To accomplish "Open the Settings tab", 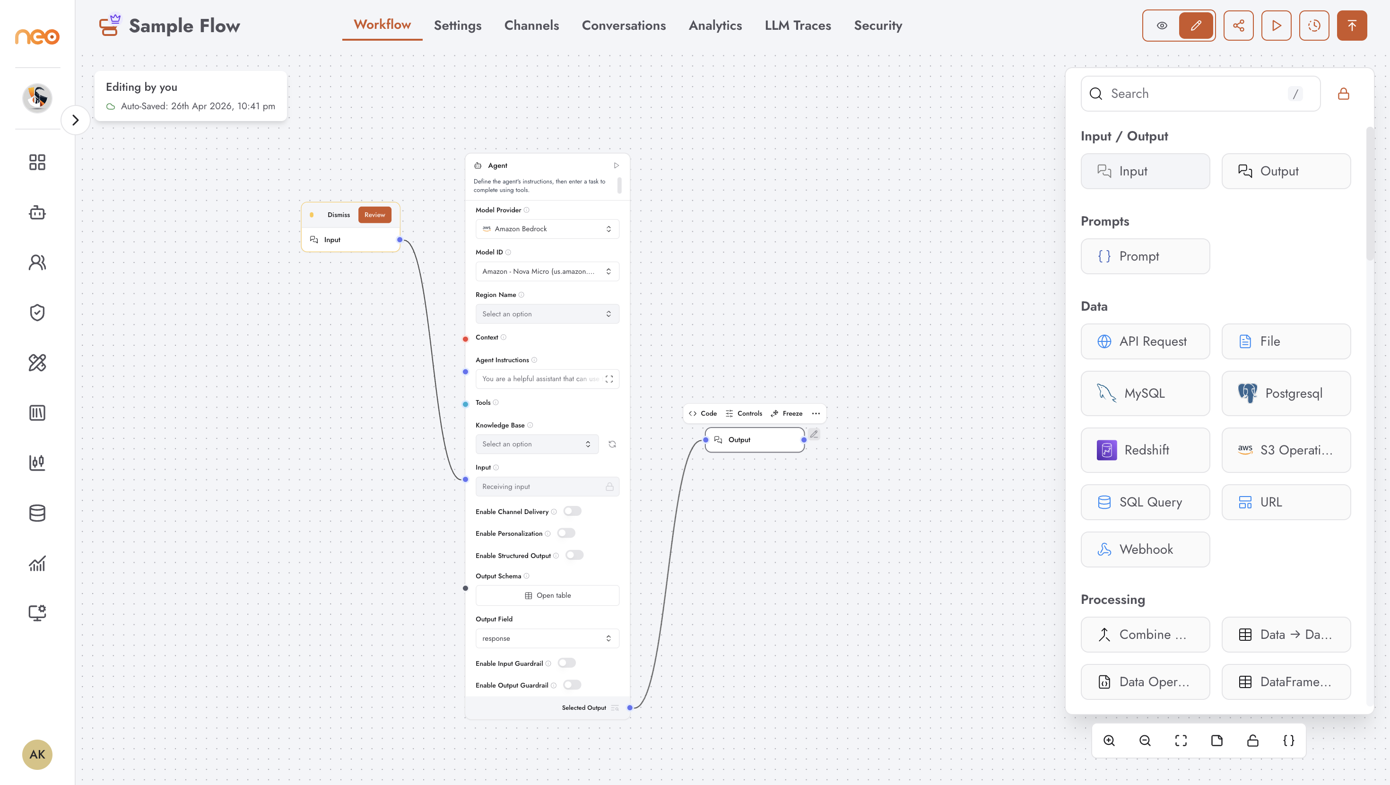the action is [457, 26].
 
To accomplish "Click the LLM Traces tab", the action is [798, 26].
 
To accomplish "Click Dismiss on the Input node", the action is [339, 215].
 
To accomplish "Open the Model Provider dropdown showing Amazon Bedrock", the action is [547, 229].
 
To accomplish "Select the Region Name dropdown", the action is [547, 314].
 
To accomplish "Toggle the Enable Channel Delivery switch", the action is [572, 511].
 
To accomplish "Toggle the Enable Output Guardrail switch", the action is [572, 685].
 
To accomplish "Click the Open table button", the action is [547, 595].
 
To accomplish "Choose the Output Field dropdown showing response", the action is [547, 638].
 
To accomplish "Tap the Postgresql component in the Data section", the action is [1286, 393].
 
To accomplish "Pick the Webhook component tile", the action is [1145, 549].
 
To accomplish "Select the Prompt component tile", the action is [1145, 256].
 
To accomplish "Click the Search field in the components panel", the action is [1200, 94].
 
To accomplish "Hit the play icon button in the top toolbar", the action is [1276, 26].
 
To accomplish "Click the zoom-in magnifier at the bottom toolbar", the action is [1109, 741].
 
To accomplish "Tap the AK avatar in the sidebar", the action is [37, 754].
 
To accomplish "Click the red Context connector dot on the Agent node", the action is [465, 339].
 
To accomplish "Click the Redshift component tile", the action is [1145, 450].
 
